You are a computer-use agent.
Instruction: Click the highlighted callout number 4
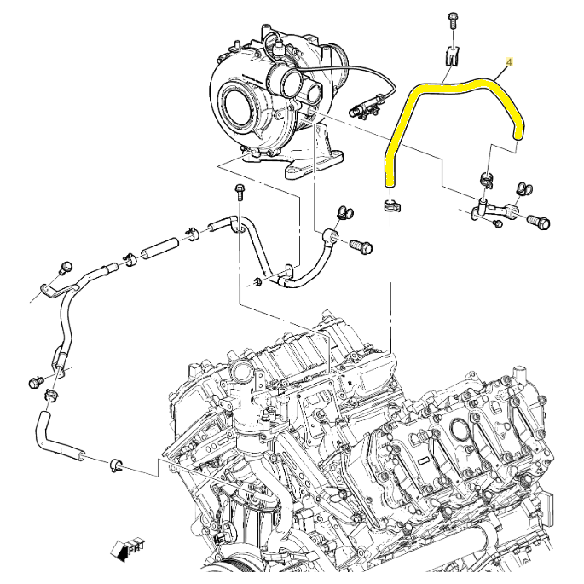(510, 63)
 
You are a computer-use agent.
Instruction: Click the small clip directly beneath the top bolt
(452, 56)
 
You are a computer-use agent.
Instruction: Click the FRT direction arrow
(130, 548)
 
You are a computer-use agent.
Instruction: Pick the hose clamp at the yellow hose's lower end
(390, 204)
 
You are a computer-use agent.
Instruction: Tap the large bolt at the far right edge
(539, 223)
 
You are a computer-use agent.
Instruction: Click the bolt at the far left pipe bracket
(64, 269)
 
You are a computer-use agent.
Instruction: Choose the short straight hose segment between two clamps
(158, 251)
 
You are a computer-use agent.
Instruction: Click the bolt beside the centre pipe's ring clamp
(362, 246)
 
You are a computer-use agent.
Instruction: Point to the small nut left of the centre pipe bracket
(257, 282)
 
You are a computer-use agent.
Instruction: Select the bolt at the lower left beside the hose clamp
(35, 381)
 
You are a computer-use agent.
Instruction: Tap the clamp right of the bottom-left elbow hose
(116, 464)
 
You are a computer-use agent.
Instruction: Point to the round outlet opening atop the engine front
(241, 376)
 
